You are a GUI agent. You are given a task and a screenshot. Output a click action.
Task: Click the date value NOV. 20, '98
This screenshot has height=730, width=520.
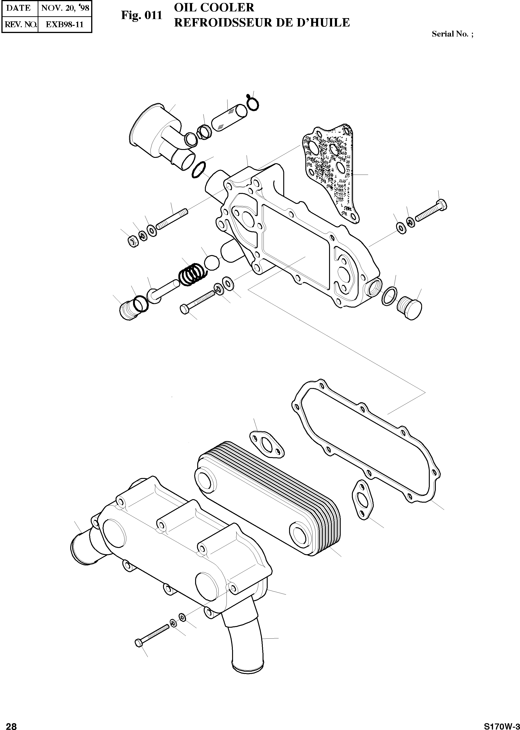click(65, 8)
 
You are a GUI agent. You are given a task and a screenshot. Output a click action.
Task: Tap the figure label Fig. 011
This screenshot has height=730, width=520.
click(142, 15)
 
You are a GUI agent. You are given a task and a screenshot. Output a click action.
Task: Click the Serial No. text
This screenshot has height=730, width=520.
click(452, 34)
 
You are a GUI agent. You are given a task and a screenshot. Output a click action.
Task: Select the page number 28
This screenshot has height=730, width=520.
click(11, 724)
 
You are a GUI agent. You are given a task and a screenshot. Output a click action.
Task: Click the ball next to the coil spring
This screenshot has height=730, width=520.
click(212, 262)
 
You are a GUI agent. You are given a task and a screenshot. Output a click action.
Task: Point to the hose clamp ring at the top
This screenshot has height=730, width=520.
click(253, 103)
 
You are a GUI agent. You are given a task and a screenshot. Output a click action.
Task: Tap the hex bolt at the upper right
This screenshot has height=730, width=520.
click(431, 212)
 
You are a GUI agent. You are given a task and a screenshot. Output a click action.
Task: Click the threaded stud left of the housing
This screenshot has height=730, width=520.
click(171, 220)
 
